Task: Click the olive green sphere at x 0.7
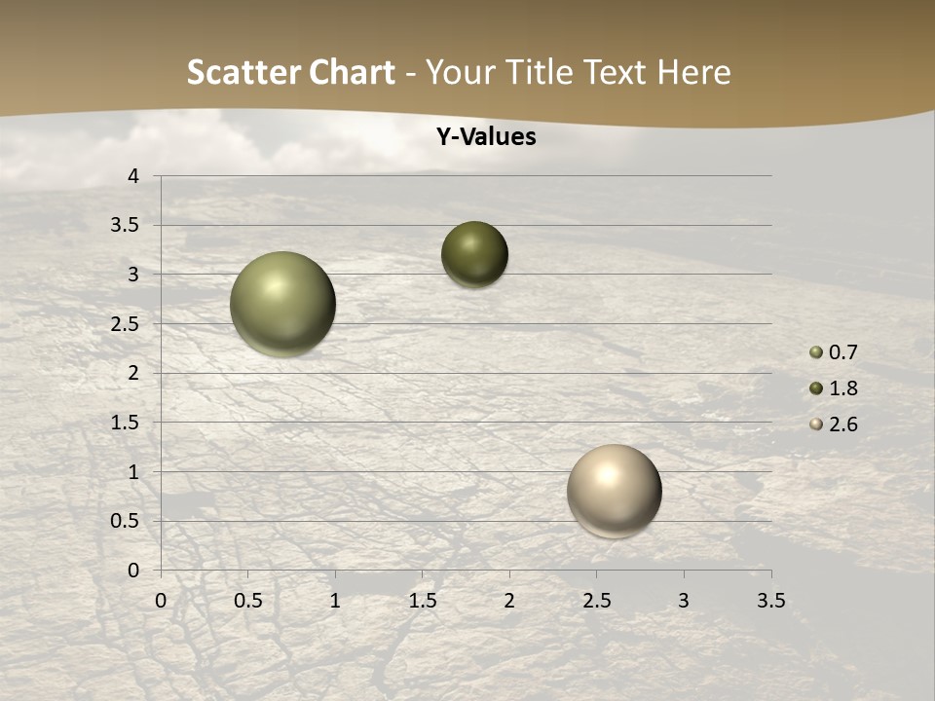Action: [x=282, y=304]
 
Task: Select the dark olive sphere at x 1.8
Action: [x=474, y=254]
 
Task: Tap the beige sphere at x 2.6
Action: [x=614, y=491]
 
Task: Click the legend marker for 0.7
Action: [x=816, y=352]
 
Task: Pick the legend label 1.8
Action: [x=843, y=388]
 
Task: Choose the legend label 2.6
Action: [x=843, y=424]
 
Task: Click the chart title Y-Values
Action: [x=485, y=137]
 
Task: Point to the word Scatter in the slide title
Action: [x=243, y=72]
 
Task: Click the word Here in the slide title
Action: [x=693, y=72]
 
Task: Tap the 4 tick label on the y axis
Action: [x=133, y=176]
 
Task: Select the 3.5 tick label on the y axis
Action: [x=126, y=225]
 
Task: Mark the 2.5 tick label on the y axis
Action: [x=126, y=323]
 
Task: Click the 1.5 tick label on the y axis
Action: [x=126, y=423]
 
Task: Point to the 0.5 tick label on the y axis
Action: [x=126, y=521]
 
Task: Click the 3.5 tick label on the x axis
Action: [x=770, y=601]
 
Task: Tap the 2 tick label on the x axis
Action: [x=509, y=601]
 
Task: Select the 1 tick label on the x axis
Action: [x=335, y=601]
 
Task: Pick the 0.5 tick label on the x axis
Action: [x=248, y=601]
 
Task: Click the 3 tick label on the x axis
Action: [x=684, y=601]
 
